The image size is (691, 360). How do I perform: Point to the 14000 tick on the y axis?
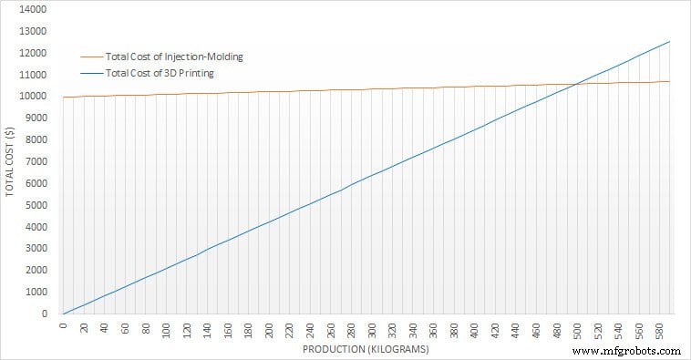(x=34, y=9)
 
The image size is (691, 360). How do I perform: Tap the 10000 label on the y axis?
(x=34, y=97)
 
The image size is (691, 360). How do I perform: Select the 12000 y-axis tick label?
(x=34, y=53)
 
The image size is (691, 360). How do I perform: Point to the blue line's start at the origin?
(x=64, y=314)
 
